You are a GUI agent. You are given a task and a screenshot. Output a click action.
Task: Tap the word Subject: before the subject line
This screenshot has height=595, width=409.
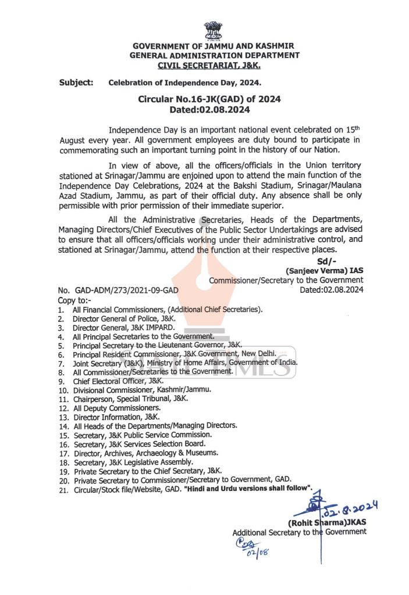(x=76, y=83)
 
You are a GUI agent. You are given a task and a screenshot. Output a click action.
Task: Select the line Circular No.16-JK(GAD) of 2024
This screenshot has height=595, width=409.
(x=209, y=99)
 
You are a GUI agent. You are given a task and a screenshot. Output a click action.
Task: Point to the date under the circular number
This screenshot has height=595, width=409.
(x=209, y=109)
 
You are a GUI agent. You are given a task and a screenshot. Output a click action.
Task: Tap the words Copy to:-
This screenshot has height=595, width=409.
(x=74, y=300)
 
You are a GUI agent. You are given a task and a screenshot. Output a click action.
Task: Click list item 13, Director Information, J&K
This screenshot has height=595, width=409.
(x=116, y=417)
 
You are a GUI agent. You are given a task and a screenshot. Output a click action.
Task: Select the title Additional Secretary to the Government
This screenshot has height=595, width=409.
(x=299, y=532)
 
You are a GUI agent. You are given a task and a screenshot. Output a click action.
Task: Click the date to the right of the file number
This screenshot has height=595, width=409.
(x=331, y=290)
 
